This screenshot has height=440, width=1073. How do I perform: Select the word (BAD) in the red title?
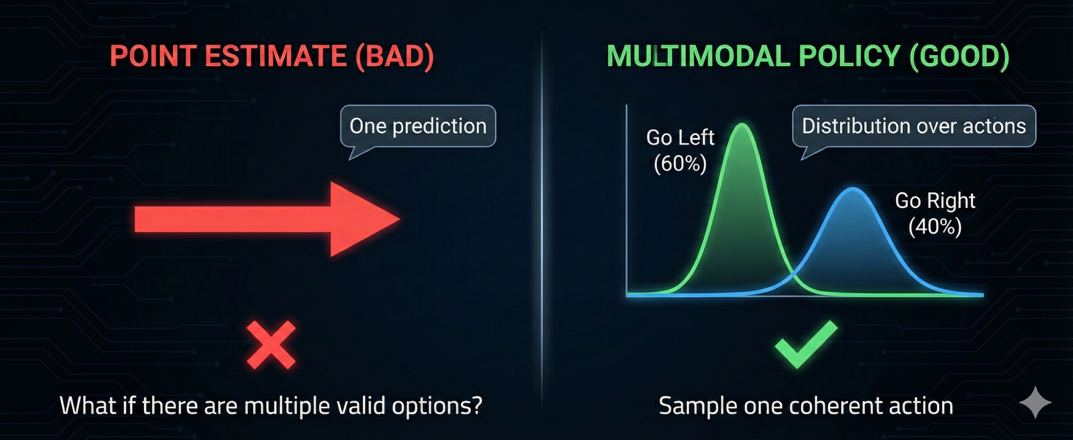(394, 57)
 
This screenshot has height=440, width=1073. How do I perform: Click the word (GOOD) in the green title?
(959, 57)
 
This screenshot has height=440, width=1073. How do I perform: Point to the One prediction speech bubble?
(418, 126)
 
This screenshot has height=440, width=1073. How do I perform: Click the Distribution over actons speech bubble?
(914, 126)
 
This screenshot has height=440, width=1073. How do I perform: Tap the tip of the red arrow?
(400, 218)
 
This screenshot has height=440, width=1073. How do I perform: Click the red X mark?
(271, 345)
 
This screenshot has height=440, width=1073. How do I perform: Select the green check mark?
(806, 345)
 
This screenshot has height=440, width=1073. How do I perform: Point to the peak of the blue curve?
(853, 188)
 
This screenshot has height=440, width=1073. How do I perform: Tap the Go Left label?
(680, 137)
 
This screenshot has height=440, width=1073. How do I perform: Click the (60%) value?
(680, 163)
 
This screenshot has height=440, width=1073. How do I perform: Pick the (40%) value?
(935, 227)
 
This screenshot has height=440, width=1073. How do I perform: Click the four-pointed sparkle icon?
(1035, 402)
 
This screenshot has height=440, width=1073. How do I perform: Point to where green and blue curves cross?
(793, 275)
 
